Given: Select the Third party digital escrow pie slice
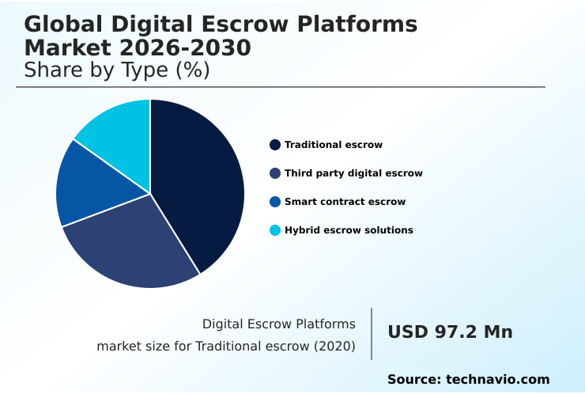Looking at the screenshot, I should click(134, 245).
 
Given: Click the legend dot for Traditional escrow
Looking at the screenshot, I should click(275, 145).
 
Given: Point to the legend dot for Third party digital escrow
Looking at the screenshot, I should click(275, 173).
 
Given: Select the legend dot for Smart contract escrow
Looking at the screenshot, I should click(275, 202).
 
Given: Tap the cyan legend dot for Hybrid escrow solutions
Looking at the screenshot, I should click(275, 230).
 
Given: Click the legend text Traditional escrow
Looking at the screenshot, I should click(334, 145).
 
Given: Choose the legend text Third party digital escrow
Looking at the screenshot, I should click(353, 173).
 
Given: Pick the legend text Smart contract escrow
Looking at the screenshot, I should click(345, 202).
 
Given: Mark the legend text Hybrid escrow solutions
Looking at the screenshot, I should click(349, 230).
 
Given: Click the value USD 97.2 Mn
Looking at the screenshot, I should click(450, 332).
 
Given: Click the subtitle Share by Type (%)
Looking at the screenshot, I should click(117, 70).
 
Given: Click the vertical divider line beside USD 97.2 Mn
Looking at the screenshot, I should click(372, 333).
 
